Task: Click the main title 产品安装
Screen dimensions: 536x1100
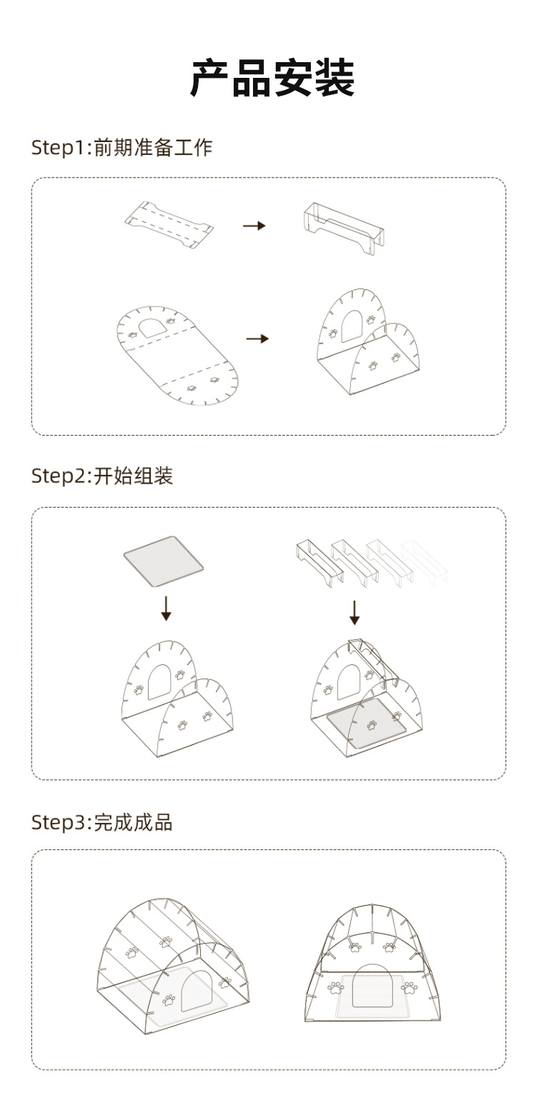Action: point(272,78)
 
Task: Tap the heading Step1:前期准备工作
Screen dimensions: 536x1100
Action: point(121,147)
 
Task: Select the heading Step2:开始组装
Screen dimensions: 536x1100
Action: point(101,476)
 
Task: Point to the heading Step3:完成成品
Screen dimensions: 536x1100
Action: point(101,822)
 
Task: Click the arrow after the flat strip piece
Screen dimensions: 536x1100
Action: point(254,226)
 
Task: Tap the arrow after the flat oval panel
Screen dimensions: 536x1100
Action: point(257,339)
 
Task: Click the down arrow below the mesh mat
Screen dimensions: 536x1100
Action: point(166,609)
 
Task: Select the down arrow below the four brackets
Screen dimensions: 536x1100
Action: point(354,612)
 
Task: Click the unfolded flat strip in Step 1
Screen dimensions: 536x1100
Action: point(169,225)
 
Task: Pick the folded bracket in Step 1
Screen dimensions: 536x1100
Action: point(344,228)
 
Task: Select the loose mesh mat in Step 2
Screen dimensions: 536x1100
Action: point(164,561)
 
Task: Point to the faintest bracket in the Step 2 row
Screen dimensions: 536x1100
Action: point(425,563)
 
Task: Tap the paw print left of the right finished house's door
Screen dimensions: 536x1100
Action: point(336,988)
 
